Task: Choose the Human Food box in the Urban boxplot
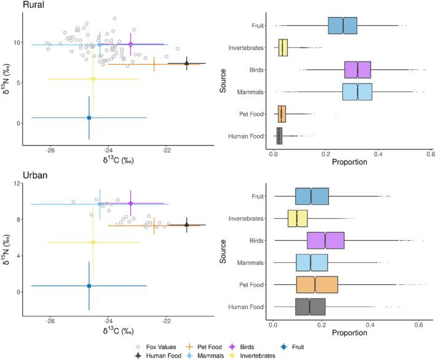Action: point(310,306)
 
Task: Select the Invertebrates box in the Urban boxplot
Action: point(298,218)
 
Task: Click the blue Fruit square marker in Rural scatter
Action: point(89,117)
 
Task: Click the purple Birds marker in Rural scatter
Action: point(130,44)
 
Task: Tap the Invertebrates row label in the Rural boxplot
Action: point(246,47)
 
